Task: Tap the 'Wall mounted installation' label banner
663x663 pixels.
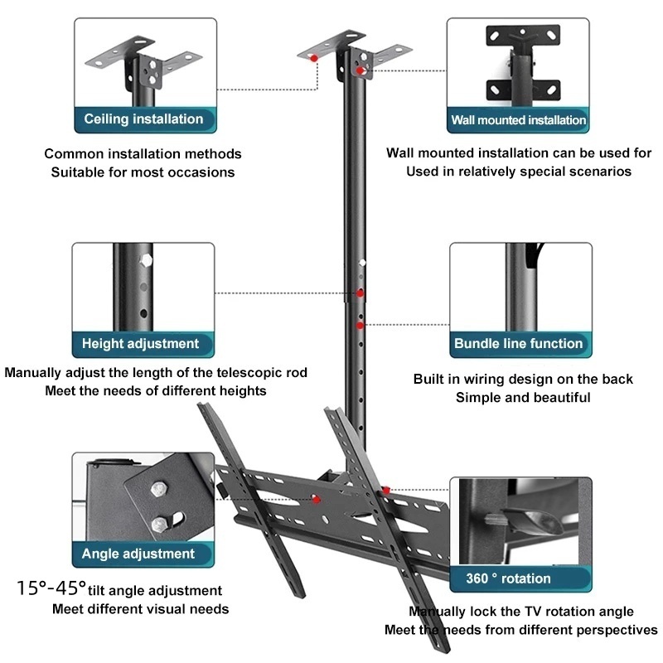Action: click(518, 120)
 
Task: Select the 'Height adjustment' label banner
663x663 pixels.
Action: click(143, 344)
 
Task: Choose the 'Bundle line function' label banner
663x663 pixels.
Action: click(520, 344)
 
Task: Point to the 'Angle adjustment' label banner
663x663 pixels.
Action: click(143, 554)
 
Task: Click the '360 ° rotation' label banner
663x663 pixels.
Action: click(520, 578)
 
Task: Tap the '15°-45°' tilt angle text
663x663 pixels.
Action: click(51, 588)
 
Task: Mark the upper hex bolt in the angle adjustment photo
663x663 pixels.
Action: click(159, 490)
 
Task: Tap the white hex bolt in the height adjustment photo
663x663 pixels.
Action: click(146, 260)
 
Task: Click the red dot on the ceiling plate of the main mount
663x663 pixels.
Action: click(314, 58)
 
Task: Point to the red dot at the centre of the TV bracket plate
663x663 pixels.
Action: click(316, 500)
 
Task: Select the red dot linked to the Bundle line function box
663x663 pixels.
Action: click(360, 325)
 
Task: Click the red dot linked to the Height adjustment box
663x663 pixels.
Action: click(360, 293)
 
